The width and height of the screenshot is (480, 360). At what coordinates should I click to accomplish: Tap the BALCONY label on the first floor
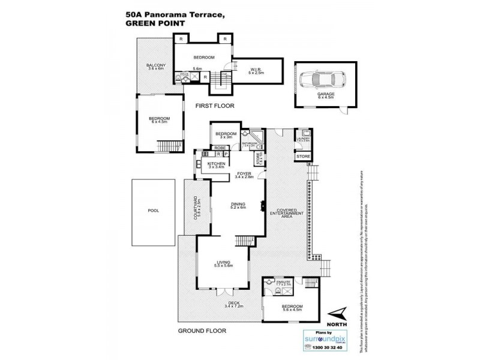pos(156,67)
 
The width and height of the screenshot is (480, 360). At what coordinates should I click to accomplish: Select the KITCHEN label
pos(216,163)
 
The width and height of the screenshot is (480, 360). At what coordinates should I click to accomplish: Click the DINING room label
pos(239,204)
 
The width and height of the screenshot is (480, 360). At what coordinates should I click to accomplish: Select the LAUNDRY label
pos(302,138)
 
